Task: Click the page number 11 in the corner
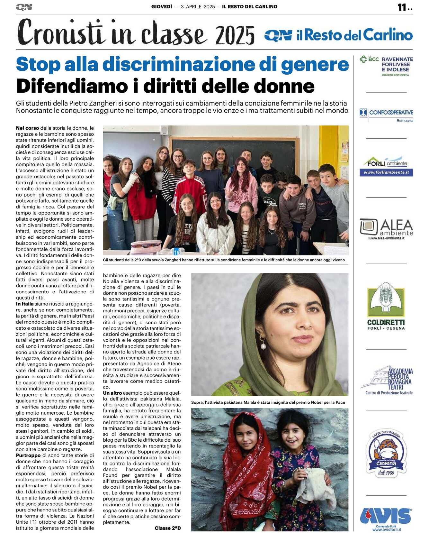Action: point(402,7)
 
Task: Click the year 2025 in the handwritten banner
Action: point(235,35)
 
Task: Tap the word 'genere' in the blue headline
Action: point(315,64)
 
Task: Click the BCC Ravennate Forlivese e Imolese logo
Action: point(386,66)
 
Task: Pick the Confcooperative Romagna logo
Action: point(386,115)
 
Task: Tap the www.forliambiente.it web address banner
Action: point(386,173)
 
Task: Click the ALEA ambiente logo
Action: point(386,229)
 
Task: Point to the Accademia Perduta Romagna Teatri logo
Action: point(387,380)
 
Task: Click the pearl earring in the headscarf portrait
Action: point(263,346)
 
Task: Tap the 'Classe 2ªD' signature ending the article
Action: point(167,528)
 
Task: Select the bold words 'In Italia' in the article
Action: point(25,304)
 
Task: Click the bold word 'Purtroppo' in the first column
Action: point(28,455)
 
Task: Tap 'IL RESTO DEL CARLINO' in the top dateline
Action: point(249,6)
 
